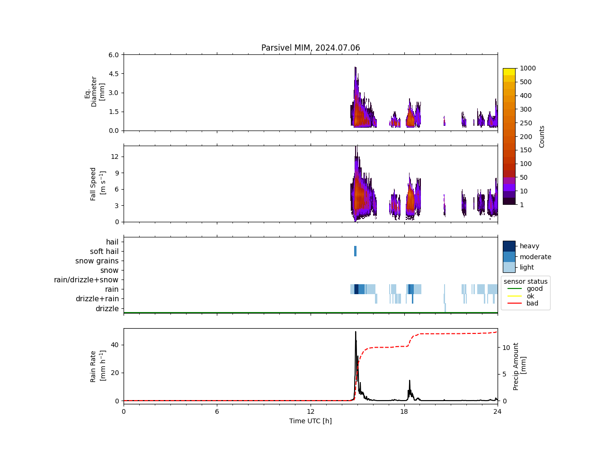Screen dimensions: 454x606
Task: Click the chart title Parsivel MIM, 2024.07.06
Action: (311, 48)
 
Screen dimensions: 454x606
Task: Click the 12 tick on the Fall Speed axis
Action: (115, 157)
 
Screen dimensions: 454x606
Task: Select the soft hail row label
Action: (104, 252)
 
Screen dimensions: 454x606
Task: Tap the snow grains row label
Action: (97, 261)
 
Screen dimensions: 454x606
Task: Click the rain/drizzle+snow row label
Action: (86, 280)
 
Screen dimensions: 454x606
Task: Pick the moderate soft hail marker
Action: (355, 251)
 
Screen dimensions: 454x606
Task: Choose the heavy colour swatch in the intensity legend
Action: (509, 246)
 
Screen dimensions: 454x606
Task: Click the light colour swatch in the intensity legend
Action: (509, 267)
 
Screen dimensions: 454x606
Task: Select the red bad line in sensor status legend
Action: (514, 303)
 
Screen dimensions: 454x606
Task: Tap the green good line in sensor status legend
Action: (514, 288)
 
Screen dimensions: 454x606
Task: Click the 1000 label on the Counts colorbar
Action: (527, 68)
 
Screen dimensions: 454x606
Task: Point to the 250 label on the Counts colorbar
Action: (526, 123)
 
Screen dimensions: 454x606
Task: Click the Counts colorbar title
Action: (542, 136)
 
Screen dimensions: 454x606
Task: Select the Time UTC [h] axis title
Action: (311, 421)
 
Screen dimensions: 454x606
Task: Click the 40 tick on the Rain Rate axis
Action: (115, 345)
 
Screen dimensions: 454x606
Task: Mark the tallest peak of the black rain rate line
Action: (356, 332)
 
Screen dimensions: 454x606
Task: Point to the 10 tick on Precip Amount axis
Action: (506, 348)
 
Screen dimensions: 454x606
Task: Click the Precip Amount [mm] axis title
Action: (519, 367)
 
